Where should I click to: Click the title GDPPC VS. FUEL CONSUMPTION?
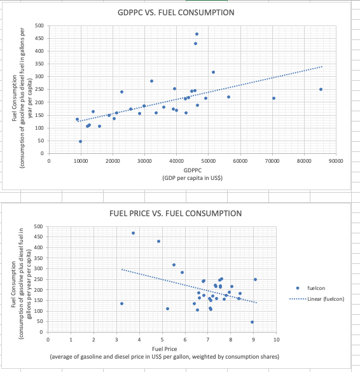point(176,13)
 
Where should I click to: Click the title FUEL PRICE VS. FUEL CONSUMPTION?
point(176,212)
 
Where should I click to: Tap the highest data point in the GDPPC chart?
point(197,34)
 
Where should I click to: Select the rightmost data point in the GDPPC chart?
point(321,89)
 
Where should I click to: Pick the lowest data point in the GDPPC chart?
point(80,141)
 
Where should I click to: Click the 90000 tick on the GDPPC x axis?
point(336,162)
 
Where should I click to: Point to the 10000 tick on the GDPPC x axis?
point(80,162)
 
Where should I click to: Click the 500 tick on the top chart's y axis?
point(39,25)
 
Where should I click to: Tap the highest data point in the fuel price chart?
point(133,233)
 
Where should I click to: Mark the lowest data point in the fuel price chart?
point(252,322)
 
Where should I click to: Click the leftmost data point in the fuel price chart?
point(121,303)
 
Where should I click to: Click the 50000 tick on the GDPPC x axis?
point(208,162)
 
